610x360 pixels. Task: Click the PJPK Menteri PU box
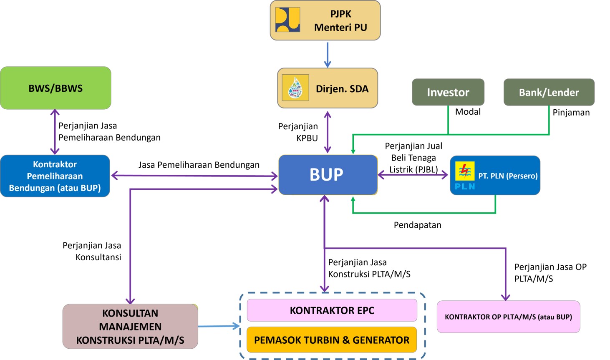click(x=325, y=20)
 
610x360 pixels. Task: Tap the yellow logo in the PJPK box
click(x=287, y=20)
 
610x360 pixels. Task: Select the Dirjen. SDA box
click(x=328, y=88)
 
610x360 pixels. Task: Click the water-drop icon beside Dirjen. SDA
click(x=295, y=88)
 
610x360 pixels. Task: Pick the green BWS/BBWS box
click(x=55, y=88)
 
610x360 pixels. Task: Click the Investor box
click(x=448, y=92)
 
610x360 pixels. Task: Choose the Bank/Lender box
click(x=549, y=92)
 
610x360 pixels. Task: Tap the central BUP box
click(x=328, y=175)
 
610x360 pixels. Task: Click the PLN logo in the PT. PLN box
click(x=465, y=176)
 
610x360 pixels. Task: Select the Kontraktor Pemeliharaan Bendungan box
click(x=55, y=176)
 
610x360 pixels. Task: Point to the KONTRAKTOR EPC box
click(x=332, y=310)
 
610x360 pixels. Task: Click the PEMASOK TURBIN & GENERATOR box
click(x=332, y=340)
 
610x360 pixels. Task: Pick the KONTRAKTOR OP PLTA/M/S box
click(x=508, y=317)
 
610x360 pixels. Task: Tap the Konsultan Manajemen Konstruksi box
click(x=130, y=327)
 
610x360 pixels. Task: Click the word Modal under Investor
click(x=468, y=112)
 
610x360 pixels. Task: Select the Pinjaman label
click(x=571, y=113)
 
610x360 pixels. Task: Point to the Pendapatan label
click(x=417, y=225)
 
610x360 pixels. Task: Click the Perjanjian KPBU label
click(x=298, y=132)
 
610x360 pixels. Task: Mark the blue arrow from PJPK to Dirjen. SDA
click(x=328, y=54)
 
